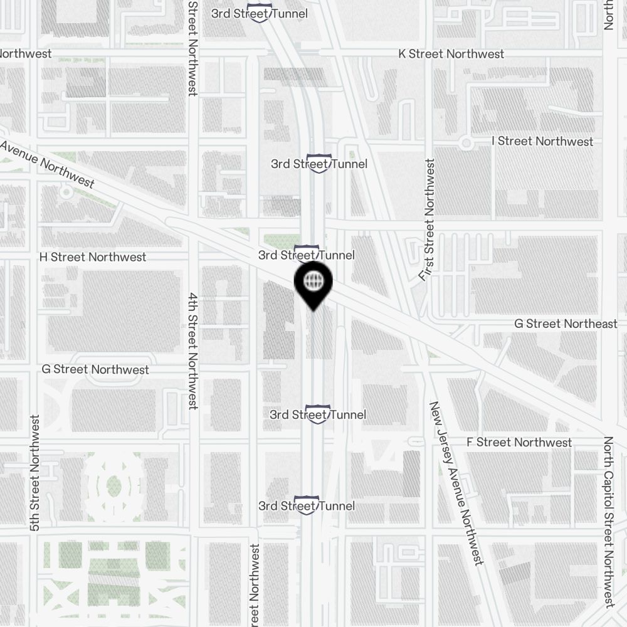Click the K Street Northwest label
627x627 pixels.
click(x=451, y=54)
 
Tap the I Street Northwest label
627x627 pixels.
click(x=542, y=141)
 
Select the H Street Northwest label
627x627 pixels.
click(x=92, y=257)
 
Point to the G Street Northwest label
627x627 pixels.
click(x=95, y=369)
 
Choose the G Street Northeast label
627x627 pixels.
click(x=566, y=324)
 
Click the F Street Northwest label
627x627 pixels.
click(x=519, y=442)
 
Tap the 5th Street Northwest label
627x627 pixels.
click(x=35, y=473)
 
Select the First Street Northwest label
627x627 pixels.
click(x=429, y=219)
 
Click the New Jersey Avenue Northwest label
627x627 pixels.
click(x=456, y=483)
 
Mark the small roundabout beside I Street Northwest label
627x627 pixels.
click(x=466, y=143)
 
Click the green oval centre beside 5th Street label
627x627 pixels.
click(x=113, y=485)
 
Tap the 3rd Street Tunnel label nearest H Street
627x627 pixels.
click(x=306, y=255)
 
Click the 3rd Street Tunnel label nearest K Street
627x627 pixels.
click(x=260, y=13)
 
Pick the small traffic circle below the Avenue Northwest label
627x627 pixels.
click(x=66, y=192)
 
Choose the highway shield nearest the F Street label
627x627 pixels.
click(x=317, y=414)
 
